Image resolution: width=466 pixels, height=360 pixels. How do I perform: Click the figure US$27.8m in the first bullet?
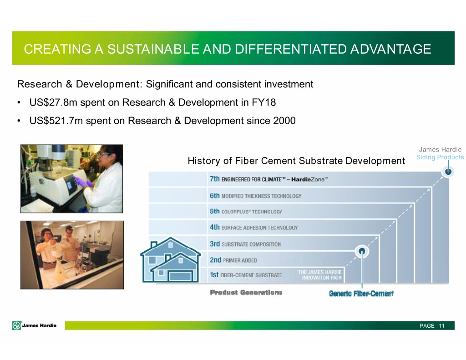point(53,102)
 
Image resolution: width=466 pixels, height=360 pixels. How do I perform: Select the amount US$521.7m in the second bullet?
point(56,121)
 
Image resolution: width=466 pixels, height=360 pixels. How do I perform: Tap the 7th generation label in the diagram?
point(268,179)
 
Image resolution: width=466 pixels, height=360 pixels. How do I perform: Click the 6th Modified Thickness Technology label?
point(256,196)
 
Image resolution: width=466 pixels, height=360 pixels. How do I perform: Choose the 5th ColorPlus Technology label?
point(246,211)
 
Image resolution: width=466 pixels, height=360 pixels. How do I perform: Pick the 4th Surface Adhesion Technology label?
point(253,228)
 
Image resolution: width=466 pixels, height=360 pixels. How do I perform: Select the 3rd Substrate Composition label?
point(245,244)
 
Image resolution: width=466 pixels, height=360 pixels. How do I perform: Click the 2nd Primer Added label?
point(233,260)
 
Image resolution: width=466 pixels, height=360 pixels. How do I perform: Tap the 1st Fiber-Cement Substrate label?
point(246,275)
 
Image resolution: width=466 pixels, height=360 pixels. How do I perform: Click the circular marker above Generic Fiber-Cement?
point(362,252)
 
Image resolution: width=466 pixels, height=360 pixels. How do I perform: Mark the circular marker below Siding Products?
point(448,171)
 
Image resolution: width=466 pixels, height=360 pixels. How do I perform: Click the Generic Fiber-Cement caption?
point(361,294)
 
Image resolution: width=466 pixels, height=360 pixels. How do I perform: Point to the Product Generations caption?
point(246,293)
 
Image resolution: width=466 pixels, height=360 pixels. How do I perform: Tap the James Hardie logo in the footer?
point(35,325)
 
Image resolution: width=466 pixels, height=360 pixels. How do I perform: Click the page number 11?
point(441,326)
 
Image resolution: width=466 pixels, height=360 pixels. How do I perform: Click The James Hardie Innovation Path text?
point(320,275)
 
